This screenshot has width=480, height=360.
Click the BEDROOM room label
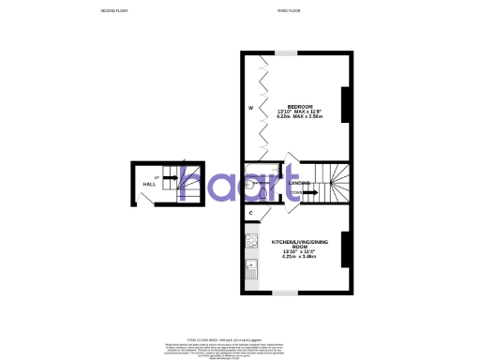pyautogui.click(x=301, y=106)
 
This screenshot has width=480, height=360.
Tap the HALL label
pyautogui.click(x=148, y=186)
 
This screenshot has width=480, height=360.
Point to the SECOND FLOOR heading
pyautogui.click(x=113, y=10)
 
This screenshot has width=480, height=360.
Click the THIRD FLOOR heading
pyautogui.click(x=288, y=10)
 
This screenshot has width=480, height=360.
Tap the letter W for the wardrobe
pyautogui.click(x=250, y=110)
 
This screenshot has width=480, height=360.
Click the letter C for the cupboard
pyautogui.click(x=250, y=214)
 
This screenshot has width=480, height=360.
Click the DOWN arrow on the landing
pyautogui.click(x=306, y=194)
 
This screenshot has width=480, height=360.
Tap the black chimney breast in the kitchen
pyautogui.click(x=346, y=247)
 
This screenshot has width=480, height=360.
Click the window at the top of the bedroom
pyautogui.click(x=284, y=52)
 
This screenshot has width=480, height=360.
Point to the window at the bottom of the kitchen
pyautogui.click(x=284, y=293)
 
